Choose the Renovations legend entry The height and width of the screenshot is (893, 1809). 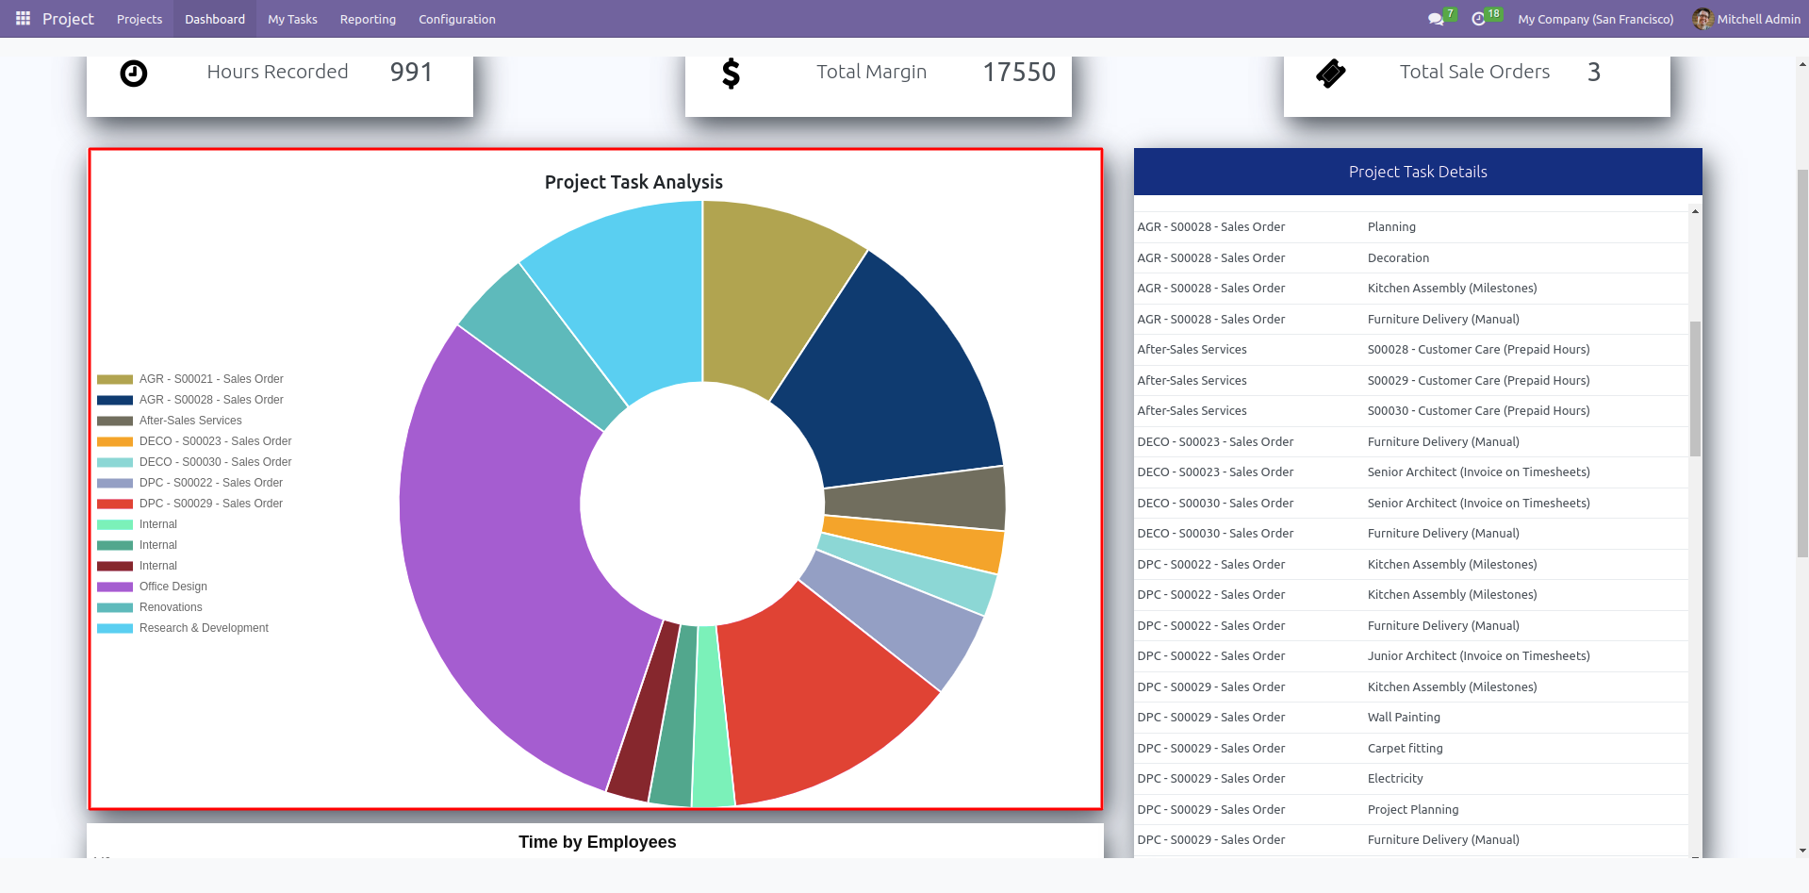pyautogui.click(x=171, y=607)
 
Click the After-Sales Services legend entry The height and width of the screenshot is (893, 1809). pyautogui.click(x=190, y=421)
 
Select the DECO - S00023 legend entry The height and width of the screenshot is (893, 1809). pyautogui.click(x=215, y=441)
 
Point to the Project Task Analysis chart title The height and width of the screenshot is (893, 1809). pyautogui.click(x=633, y=182)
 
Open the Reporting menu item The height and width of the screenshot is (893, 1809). pyautogui.click(x=368, y=19)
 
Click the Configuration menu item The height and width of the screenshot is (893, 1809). pyautogui.click(x=457, y=19)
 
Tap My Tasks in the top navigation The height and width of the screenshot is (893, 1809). pyautogui.click(x=292, y=19)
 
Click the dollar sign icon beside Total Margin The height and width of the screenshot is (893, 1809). pyautogui.click(x=731, y=73)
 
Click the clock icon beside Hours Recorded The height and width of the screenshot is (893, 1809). pyautogui.click(x=134, y=73)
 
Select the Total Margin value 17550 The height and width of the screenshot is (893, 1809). pyautogui.click(x=1019, y=73)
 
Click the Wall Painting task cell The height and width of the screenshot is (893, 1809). pyautogui.click(x=1404, y=718)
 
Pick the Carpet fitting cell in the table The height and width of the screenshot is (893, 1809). pyautogui.click(x=1405, y=749)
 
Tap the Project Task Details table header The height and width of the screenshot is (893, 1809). pyautogui.click(x=1418, y=172)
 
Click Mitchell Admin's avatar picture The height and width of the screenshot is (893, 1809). pyautogui.click(x=1702, y=19)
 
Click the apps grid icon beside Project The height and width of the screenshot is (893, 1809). pyautogui.click(x=23, y=19)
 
